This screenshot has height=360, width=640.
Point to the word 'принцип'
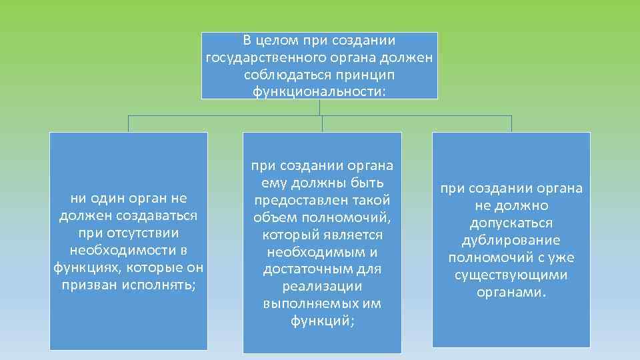point(358,74)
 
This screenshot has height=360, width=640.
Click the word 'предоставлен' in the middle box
point(293,200)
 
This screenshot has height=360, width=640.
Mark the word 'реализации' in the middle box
point(322,286)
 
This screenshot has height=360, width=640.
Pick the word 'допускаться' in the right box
point(511,223)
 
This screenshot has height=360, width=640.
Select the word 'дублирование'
point(511,240)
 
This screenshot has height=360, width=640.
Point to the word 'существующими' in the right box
point(511,275)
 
